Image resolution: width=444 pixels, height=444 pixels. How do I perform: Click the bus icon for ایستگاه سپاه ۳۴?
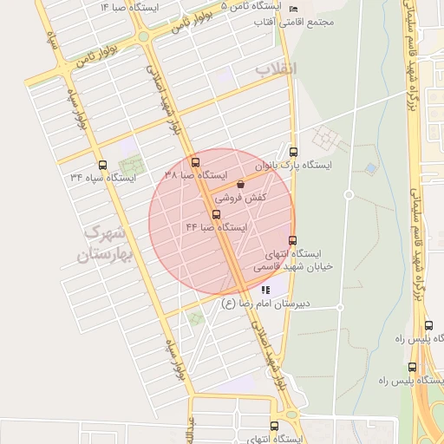pyautogui.click(x=103, y=165)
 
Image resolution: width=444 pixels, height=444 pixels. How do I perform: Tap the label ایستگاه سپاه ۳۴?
pyautogui.click(x=103, y=178)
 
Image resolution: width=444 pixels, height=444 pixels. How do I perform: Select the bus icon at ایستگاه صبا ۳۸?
pyautogui.click(x=194, y=162)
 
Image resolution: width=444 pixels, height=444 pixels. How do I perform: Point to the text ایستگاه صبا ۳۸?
pyautogui.click(x=194, y=174)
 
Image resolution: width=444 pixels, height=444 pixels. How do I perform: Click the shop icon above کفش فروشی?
pyautogui.click(x=239, y=184)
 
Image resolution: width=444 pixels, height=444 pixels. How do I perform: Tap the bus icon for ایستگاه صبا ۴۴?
pyautogui.click(x=216, y=214)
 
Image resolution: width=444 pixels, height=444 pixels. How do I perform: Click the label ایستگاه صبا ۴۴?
pyautogui.click(x=216, y=227)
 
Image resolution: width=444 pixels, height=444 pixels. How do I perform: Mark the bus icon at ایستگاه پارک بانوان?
pyautogui.click(x=292, y=152)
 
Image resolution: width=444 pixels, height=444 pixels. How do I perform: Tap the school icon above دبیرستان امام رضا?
pyautogui.click(x=265, y=291)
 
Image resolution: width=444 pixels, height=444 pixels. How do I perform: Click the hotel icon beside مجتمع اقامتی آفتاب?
pyautogui.click(x=292, y=9)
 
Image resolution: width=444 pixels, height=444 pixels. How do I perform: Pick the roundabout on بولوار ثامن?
pyautogui.click(x=142, y=38)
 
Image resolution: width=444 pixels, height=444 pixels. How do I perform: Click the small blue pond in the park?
pyautogui.click(x=371, y=167)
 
